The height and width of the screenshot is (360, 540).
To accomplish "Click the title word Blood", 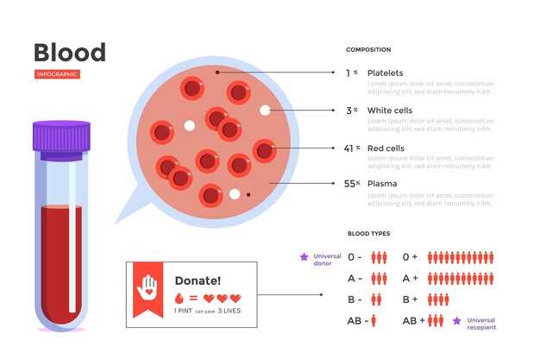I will [69, 52].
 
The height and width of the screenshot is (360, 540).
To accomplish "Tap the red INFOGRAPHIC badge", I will [57, 74].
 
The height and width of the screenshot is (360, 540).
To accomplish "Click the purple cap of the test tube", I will [61, 136].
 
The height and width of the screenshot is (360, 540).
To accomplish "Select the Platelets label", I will [385, 73].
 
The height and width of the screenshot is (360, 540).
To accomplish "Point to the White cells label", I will [390, 111].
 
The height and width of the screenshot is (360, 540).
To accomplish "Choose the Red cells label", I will [386, 148].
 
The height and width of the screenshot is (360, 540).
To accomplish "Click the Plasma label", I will [382, 184].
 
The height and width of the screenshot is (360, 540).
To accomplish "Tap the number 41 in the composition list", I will [348, 148].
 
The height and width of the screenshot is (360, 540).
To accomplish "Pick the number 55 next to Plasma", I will [348, 184].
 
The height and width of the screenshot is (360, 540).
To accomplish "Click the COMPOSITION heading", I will [367, 49].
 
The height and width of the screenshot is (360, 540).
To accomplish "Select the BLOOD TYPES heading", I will [368, 234].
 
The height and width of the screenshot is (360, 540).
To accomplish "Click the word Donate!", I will [198, 281].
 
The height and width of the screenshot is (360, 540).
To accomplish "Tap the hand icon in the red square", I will [149, 286].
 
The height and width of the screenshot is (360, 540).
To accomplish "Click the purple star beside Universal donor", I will [303, 256].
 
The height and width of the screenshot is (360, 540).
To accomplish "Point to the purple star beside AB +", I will [458, 320].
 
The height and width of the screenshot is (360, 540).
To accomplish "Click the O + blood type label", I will [410, 257].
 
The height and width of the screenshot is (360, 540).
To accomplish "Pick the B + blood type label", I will [410, 299].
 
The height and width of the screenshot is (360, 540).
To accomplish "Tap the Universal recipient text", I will [480, 323].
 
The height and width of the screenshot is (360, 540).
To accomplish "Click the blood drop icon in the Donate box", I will [179, 298].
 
